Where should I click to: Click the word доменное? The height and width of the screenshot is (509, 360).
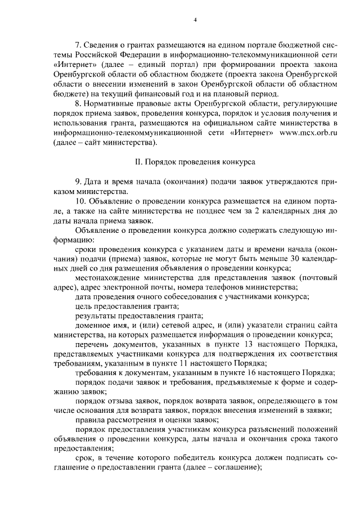click(x=92, y=327)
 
